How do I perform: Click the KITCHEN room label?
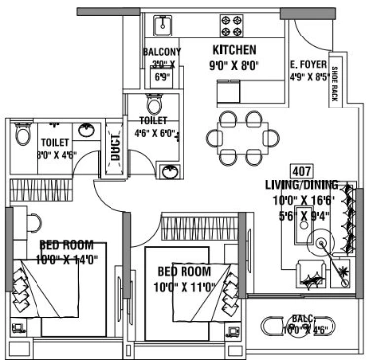[x=234, y=49]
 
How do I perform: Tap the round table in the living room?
[x=322, y=242]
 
